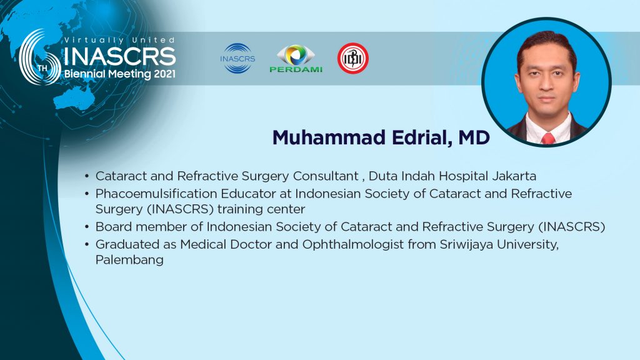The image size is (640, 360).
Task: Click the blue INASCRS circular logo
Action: click(x=237, y=58)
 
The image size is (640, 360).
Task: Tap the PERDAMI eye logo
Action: click(x=296, y=58)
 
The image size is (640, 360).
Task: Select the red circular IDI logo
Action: click(x=353, y=58)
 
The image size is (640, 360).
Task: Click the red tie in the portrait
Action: click(x=547, y=138)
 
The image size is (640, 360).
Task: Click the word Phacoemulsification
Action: click(x=156, y=194)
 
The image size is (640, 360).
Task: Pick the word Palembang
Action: click(x=129, y=260)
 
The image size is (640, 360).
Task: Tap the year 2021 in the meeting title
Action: click(x=164, y=74)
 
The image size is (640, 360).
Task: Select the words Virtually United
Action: click(x=119, y=40)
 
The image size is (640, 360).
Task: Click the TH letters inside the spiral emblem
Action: click(x=42, y=68)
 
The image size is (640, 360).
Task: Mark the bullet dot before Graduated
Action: click(x=86, y=244)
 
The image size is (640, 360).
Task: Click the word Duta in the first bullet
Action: click(x=382, y=176)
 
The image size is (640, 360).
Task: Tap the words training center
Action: click(x=261, y=209)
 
